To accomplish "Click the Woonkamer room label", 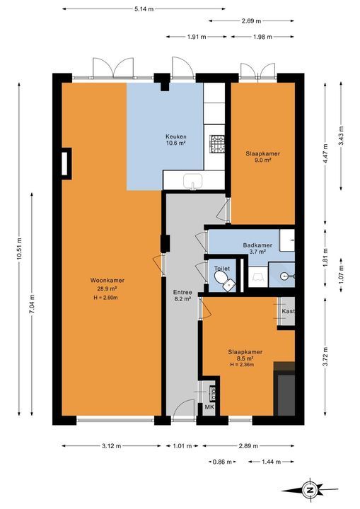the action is click(x=108, y=281).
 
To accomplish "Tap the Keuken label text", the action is click(x=176, y=136).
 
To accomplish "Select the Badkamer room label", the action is click(x=257, y=245).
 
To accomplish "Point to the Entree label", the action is click(x=182, y=292).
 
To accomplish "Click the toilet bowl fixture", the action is click(x=223, y=280).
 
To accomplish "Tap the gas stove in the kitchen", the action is click(x=216, y=144).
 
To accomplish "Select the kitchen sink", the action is click(x=192, y=181).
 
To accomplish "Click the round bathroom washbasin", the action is click(x=285, y=276).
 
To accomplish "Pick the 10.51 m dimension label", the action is click(x=19, y=249).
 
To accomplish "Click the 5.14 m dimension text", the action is click(x=144, y=9).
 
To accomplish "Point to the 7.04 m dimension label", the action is click(x=32, y=304).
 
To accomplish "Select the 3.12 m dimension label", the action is click(x=112, y=446).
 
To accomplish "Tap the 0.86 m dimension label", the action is click(x=222, y=462).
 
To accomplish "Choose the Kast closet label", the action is click(x=288, y=311).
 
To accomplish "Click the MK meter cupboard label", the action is click(x=208, y=407).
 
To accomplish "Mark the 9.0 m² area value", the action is click(x=263, y=160).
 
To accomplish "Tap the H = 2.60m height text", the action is click(x=105, y=298).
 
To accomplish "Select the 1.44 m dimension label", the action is click(x=271, y=462).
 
